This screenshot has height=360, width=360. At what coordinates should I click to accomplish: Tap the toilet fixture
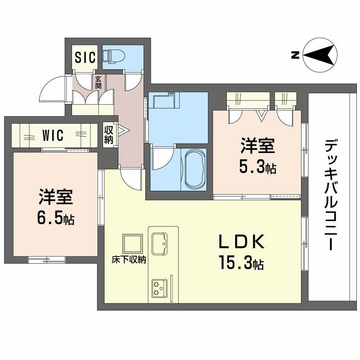(x=112, y=56)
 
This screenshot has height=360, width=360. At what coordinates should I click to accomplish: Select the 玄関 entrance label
(x=98, y=81)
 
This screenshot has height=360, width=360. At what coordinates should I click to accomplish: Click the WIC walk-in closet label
(x=53, y=135)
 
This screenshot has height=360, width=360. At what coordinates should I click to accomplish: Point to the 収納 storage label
(x=109, y=133)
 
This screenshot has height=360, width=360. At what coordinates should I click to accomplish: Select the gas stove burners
(x=158, y=288)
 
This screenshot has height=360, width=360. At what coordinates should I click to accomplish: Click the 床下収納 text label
(x=129, y=260)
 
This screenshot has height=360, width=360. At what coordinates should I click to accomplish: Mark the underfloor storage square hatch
(x=133, y=244)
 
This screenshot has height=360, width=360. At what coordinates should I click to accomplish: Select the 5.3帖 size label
(x=257, y=168)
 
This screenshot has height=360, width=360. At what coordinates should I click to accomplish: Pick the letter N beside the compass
(x=295, y=55)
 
